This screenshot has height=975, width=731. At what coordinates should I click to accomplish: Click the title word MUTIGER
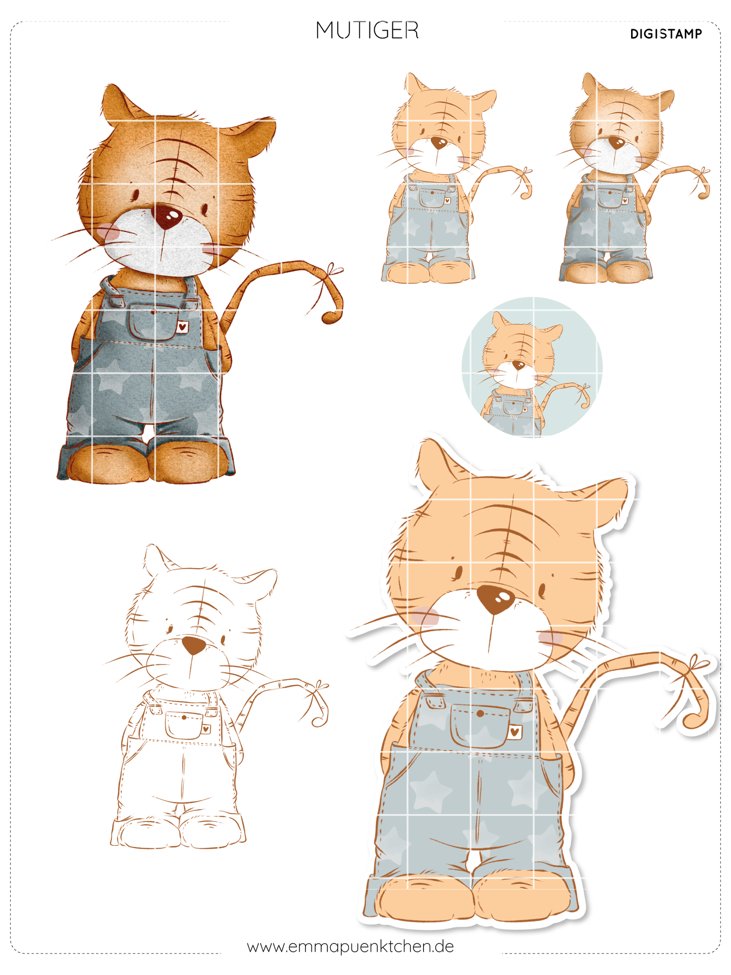coord(367,31)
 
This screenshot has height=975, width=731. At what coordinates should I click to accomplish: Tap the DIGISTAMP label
coord(666,34)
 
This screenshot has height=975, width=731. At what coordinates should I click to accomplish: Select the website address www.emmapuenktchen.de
coord(350,946)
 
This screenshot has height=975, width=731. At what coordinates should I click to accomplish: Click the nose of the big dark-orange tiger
coord(166,217)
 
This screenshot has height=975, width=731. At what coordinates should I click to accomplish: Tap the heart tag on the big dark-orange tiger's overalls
coord(183,327)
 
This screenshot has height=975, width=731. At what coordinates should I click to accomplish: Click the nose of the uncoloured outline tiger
coord(193,645)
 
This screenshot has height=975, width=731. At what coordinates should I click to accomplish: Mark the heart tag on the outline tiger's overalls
coord(207,729)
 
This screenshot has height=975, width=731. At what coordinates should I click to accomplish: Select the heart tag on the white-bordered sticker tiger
coord(515,731)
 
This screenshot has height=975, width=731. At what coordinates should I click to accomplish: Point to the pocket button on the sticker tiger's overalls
coord(480,714)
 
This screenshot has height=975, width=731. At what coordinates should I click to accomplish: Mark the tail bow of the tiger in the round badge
coord(583,389)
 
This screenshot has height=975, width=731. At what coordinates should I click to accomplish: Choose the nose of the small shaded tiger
coord(617,143)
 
